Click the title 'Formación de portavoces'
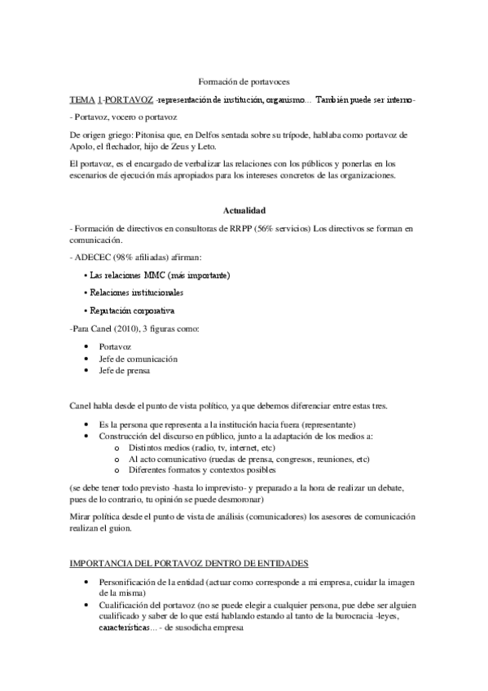pyautogui.click(x=244, y=81)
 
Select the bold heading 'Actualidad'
pyautogui.click(x=244, y=209)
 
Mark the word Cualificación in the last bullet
pyautogui.click(x=126, y=607)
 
